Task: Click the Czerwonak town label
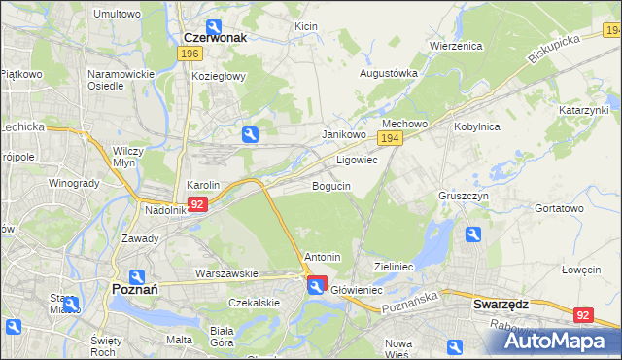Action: tap(216, 37)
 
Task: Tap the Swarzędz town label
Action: tap(500, 304)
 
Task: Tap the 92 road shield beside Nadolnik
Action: tap(197, 204)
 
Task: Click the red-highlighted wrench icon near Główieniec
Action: tap(317, 286)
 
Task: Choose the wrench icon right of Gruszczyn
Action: tap(472, 234)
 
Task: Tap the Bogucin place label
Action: tap(331, 186)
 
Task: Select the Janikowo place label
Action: tap(343, 134)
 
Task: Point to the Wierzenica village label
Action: tap(456, 46)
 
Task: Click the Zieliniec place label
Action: tap(395, 266)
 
